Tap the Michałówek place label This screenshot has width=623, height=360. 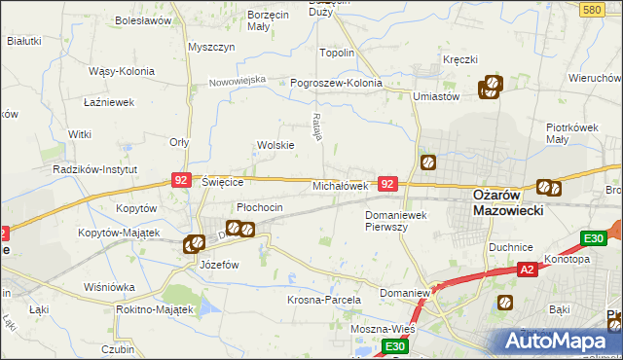(x=339, y=185)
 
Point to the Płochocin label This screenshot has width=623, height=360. (x=260, y=207)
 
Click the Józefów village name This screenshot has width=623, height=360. (x=219, y=264)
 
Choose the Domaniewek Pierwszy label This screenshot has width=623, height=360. (x=397, y=220)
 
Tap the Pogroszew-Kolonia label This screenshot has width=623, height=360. (x=337, y=83)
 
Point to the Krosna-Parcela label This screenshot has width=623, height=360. (x=324, y=300)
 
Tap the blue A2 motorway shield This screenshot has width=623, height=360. (x=527, y=270)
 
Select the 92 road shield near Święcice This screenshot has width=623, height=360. (x=180, y=180)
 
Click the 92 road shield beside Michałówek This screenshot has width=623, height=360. (x=387, y=183)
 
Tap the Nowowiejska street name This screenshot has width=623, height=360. (x=238, y=80)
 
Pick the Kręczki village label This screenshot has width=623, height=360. (x=460, y=59)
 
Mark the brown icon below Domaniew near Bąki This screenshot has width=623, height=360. (x=504, y=304)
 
